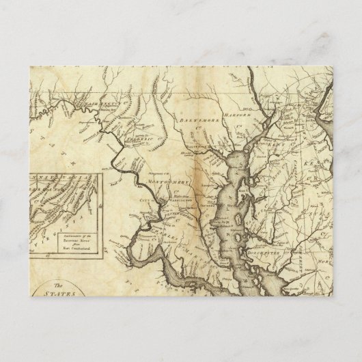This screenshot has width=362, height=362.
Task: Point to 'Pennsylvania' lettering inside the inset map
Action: click(x=58, y=181)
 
